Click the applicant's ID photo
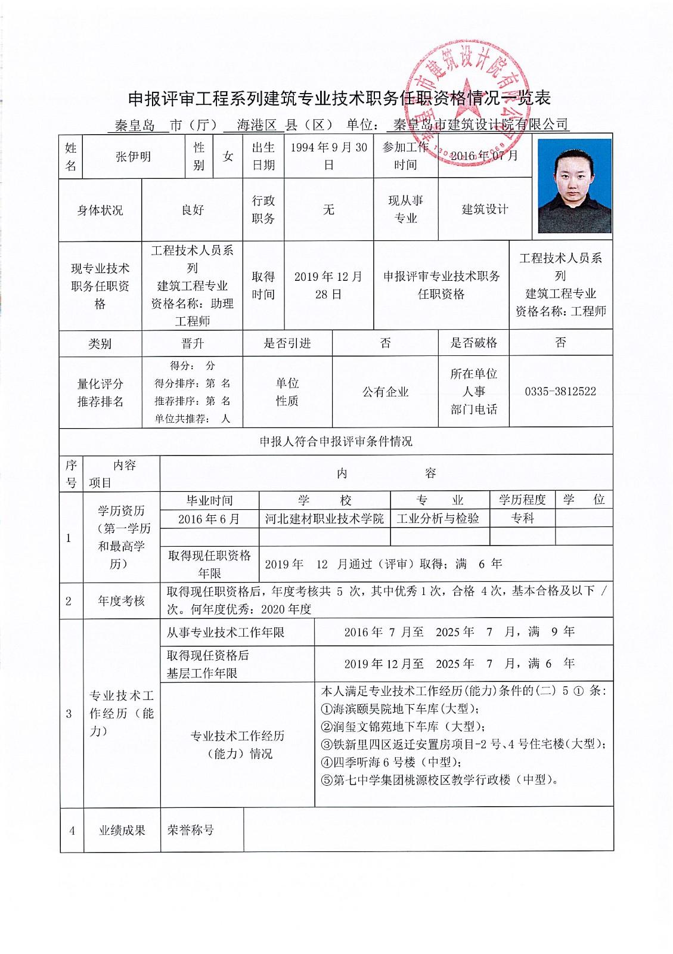(574, 186)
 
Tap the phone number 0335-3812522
(560, 392)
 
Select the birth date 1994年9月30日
(328, 156)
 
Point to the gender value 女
(228, 156)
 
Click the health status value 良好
(193, 210)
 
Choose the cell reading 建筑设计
(485, 209)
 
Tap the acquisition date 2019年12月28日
(328, 285)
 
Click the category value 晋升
(193, 343)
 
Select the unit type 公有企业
(385, 392)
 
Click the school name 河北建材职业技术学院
(324, 519)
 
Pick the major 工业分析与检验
(438, 519)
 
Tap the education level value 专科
(522, 519)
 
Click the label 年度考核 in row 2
(122, 601)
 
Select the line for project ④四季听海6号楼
(389, 762)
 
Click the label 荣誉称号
(191, 830)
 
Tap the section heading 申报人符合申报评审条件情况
(336, 442)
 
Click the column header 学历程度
(522, 500)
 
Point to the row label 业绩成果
(122, 830)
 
